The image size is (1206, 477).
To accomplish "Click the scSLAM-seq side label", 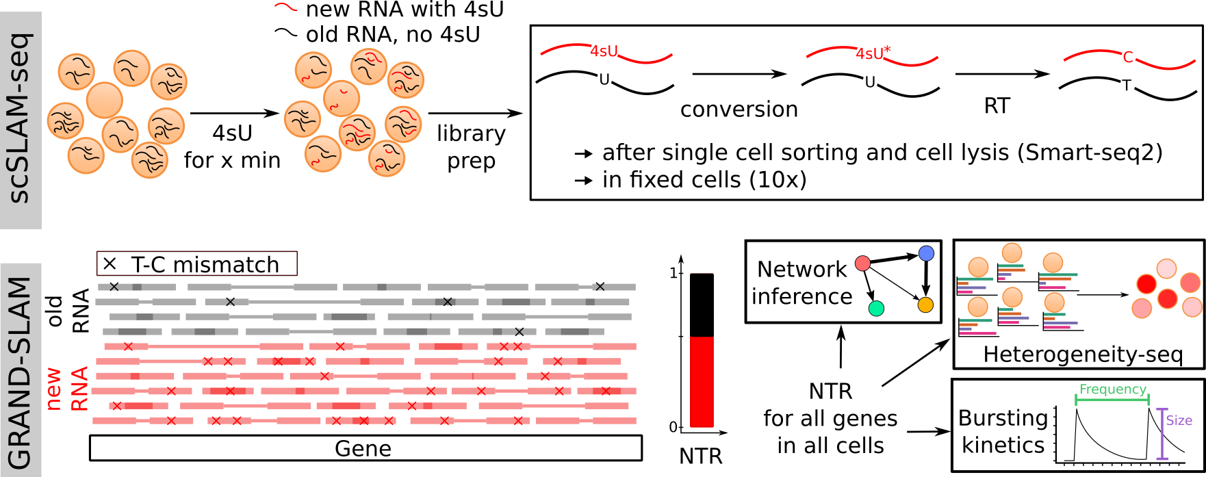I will click(x=21, y=120).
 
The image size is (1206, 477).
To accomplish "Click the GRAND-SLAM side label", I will click(x=21, y=373).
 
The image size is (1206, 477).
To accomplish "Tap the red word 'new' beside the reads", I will click(x=53, y=389).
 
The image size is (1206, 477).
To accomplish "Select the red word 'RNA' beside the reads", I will click(x=80, y=389).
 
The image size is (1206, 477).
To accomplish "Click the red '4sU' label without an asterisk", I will click(x=604, y=51).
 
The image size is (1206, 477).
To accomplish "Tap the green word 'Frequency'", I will click(x=1112, y=389).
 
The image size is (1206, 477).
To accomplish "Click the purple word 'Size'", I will click(x=1179, y=420).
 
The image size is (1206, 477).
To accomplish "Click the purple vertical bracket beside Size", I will click(x=1162, y=433).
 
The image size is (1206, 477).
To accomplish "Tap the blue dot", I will click(x=926, y=253).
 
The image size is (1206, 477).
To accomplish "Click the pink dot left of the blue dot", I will click(x=862, y=263).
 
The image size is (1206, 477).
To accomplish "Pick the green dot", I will click(x=876, y=309).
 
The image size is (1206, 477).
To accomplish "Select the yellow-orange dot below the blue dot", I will click(x=925, y=305).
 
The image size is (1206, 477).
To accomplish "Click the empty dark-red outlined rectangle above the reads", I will click(x=197, y=263).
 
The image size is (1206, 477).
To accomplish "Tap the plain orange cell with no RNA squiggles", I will click(x=105, y=100).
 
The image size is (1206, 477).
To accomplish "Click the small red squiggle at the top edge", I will click(x=286, y=7).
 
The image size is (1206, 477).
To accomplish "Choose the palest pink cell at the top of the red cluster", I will click(x=1166, y=268).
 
